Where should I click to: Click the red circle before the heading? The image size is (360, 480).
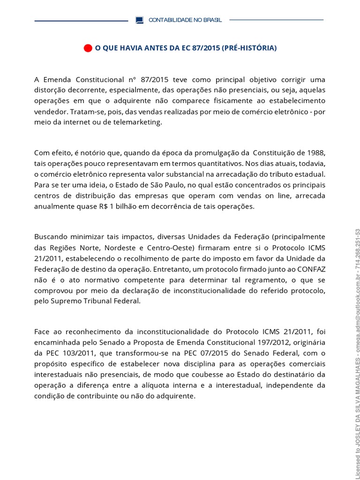(88, 48)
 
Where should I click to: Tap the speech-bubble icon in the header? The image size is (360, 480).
(139, 20)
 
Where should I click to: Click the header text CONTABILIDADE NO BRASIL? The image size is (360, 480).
(185, 20)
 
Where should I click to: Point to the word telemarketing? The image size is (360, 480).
(140, 122)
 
